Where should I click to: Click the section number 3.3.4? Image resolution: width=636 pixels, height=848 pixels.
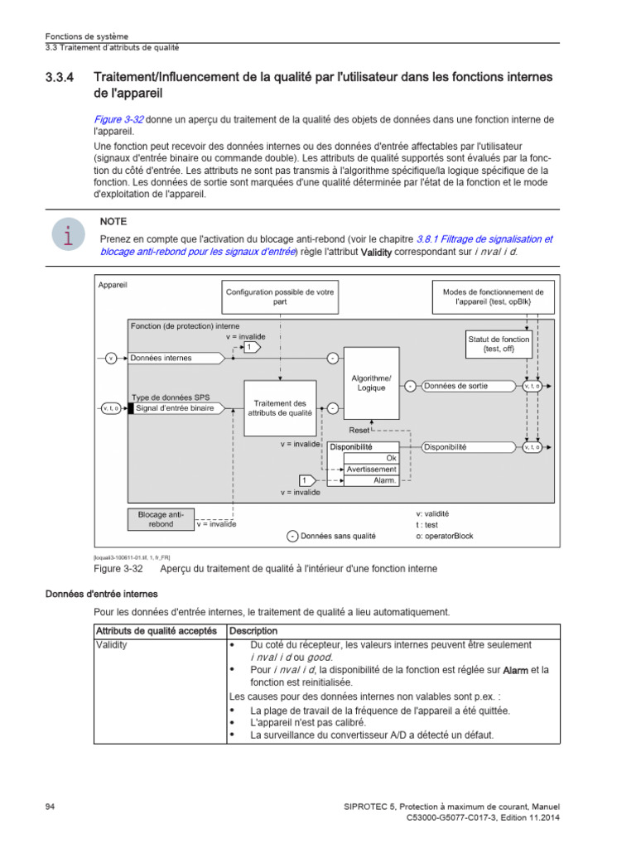59,78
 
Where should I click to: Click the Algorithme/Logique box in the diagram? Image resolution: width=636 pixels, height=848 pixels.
371,383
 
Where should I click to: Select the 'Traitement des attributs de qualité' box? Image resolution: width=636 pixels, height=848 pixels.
280,407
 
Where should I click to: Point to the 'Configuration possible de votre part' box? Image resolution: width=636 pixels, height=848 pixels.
280,297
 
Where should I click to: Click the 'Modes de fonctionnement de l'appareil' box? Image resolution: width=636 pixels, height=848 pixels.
494,297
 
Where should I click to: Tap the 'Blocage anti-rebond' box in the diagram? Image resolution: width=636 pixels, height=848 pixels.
161,519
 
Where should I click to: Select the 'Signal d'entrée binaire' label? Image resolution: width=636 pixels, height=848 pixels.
175,408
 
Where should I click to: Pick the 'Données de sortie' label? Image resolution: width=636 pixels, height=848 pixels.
455,386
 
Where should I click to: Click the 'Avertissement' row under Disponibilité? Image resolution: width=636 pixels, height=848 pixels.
371,469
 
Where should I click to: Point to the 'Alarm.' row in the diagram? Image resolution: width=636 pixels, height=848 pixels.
383,480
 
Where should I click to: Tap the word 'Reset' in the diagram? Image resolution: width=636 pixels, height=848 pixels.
359,431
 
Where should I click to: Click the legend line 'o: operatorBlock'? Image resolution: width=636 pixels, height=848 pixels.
445,536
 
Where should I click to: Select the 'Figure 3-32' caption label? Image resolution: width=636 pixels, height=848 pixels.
120,570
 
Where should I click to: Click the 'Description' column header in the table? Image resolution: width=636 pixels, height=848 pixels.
253,631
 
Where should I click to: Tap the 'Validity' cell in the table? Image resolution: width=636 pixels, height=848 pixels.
113,644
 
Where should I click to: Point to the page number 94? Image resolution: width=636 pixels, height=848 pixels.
50,807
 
